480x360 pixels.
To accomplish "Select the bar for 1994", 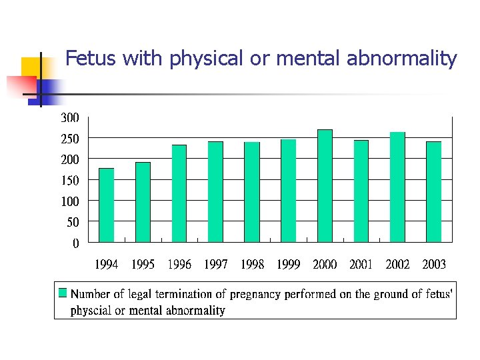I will pyautogui.click(x=106, y=205).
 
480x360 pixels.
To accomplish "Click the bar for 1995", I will pyautogui.click(x=143, y=202).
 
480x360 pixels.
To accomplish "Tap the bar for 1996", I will pyautogui.click(x=179, y=193).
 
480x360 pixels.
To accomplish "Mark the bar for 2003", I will pyautogui.click(x=434, y=191).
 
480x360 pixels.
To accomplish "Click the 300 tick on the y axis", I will pyautogui.click(x=70, y=118).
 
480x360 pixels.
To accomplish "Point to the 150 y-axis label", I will pyautogui.click(x=70, y=180).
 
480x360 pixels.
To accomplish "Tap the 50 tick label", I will pyautogui.click(x=72, y=222).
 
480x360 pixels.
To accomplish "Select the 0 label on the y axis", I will pyautogui.click(x=75, y=243).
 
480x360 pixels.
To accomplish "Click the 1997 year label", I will pyautogui.click(x=215, y=265).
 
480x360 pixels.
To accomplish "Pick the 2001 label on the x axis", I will pyautogui.click(x=361, y=265).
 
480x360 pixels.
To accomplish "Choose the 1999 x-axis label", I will pyautogui.click(x=288, y=265).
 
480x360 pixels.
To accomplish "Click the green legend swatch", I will pyautogui.click(x=63, y=293).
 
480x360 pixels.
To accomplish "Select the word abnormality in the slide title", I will pyautogui.click(x=402, y=59).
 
